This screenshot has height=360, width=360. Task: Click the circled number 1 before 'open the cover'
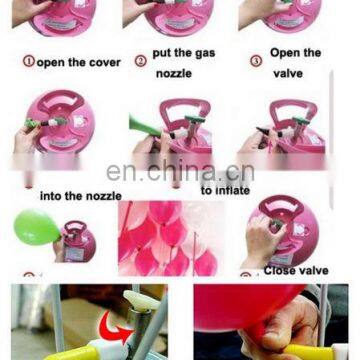click(x=29, y=61)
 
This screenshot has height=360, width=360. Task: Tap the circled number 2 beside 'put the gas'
click(x=140, y=60)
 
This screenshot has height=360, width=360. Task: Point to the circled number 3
click(x=256, y=61)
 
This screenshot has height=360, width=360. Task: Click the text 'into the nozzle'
click(x=80, y=196)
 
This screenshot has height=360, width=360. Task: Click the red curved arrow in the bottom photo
click(x=119, y=327)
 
